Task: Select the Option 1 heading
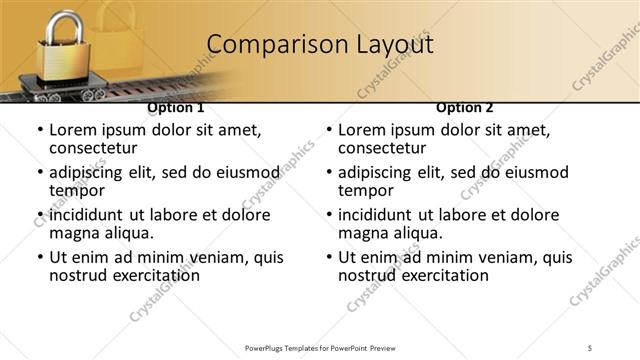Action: tap(176, 108)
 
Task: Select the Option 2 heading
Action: tap(465, 108)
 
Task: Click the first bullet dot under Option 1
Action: tap(39, 131)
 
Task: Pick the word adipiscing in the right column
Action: tap(378, 172)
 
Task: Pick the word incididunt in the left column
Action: tap(89, 215)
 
